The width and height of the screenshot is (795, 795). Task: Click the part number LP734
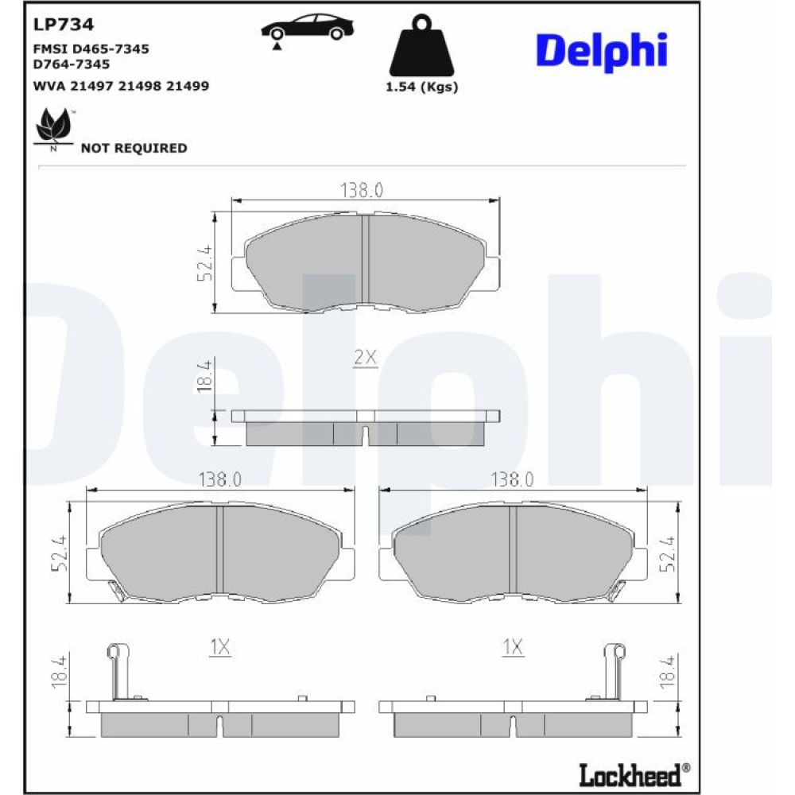[64, 25]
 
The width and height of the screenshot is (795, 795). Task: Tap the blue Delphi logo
[602, 51]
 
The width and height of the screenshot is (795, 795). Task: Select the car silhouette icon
[307, 29]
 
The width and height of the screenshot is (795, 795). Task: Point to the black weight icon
[421, 45]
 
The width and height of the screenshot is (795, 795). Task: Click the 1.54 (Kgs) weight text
[422, 87]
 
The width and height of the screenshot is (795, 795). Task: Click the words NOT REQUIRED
[134, 148]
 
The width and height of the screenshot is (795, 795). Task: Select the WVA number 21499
[188, 86]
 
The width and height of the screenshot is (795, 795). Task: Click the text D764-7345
[71, 64]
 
